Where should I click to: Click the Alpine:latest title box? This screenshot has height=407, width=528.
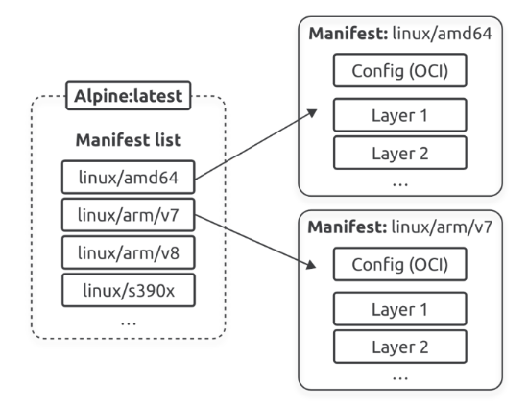point(129,95)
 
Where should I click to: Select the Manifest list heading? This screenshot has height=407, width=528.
point(129,140)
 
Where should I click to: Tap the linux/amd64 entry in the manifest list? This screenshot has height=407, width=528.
point(129,177)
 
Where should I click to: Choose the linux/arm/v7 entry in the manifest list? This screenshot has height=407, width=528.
point(129,215)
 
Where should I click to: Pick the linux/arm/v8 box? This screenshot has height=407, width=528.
point(129,252)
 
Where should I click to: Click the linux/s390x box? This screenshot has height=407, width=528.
point(129,290)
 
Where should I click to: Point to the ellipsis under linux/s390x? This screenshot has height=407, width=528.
point(129,323)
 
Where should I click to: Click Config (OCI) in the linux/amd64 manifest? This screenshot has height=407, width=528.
point(400,70)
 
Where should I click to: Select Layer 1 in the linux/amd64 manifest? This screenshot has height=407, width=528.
point(400,115)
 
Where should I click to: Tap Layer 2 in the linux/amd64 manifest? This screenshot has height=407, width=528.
point(400,153)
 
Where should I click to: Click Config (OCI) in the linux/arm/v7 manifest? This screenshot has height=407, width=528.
point(400,264)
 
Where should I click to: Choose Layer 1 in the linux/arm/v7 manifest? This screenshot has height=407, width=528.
point(400,309)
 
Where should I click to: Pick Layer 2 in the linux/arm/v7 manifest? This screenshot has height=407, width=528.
point(400,347)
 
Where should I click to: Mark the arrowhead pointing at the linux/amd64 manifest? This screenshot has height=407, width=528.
point(313,112)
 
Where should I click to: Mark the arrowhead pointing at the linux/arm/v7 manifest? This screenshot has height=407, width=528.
point(311,265)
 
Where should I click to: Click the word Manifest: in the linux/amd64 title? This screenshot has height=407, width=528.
point(348,34)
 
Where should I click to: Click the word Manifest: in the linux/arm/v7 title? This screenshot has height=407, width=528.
point(348,227)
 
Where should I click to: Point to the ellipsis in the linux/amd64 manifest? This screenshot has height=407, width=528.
point(400,184)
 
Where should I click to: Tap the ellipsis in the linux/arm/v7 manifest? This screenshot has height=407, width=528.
point(400,378)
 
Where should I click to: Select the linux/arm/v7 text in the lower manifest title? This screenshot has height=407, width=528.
point(442,227)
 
